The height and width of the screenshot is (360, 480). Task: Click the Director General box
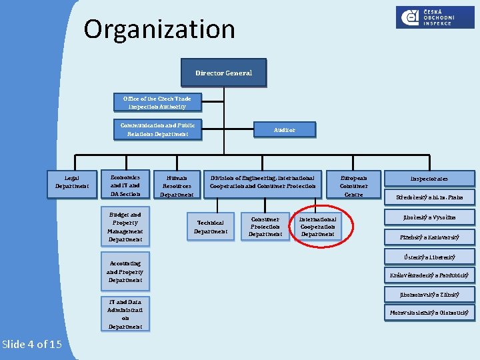[223, 73]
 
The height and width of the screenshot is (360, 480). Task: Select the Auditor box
[284, 130]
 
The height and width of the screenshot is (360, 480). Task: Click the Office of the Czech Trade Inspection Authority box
[157, 103]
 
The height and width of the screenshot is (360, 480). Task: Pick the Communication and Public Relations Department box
[157, 129]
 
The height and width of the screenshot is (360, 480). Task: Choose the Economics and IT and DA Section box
[125, 185]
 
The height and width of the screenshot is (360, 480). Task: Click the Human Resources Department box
[177, 186]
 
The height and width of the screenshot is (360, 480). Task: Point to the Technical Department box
[210, 227]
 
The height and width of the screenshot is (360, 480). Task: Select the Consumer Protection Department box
[265, 226]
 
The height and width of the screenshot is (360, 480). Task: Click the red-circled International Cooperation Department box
[317, 226]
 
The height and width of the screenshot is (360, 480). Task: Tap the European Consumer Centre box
[353, 186]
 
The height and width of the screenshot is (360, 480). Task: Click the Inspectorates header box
[429, 179]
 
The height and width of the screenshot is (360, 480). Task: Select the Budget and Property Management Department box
[125, 227]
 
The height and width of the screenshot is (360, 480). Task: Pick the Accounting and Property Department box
[125, 272]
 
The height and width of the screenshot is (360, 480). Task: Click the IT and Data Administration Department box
[125, 314]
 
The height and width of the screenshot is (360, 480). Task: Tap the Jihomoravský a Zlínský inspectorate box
[429, 294]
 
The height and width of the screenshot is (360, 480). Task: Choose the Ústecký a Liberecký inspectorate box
[429, 257]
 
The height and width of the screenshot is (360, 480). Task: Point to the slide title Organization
[159, 29]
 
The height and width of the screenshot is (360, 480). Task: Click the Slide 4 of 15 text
[32, 344]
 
